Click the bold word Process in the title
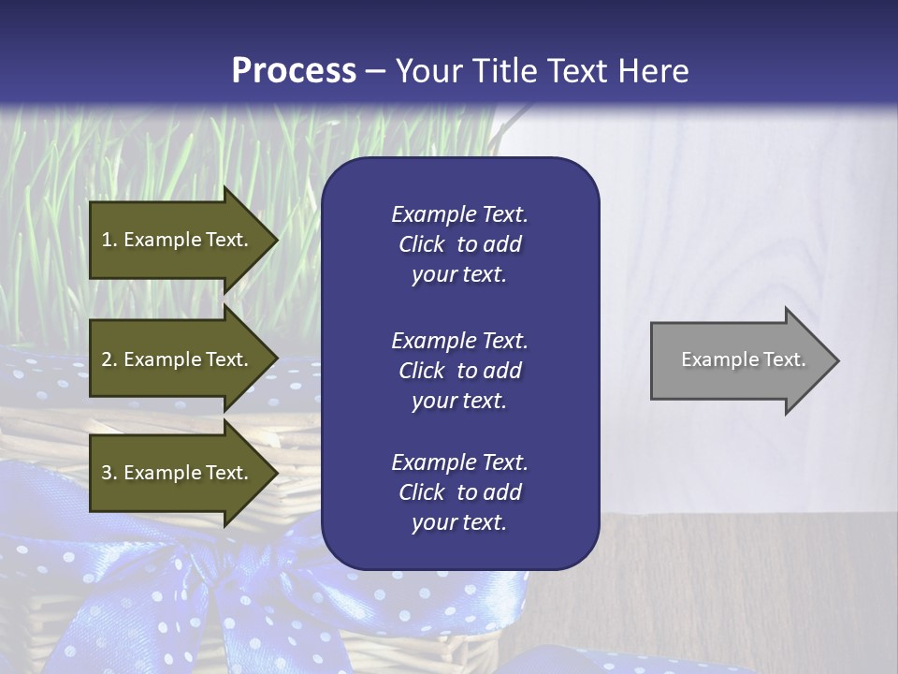coord(294,71)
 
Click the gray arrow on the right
coord(739,360)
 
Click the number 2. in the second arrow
coord(109,359)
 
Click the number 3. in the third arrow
coord(109,473)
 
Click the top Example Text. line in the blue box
coord(459,214)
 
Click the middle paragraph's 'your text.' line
coord(459,400)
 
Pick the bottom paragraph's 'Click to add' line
coord(459,492)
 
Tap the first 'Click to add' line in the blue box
coord(459,244)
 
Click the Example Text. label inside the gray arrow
coord(743,359)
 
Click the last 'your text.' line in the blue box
coord(459,522)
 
